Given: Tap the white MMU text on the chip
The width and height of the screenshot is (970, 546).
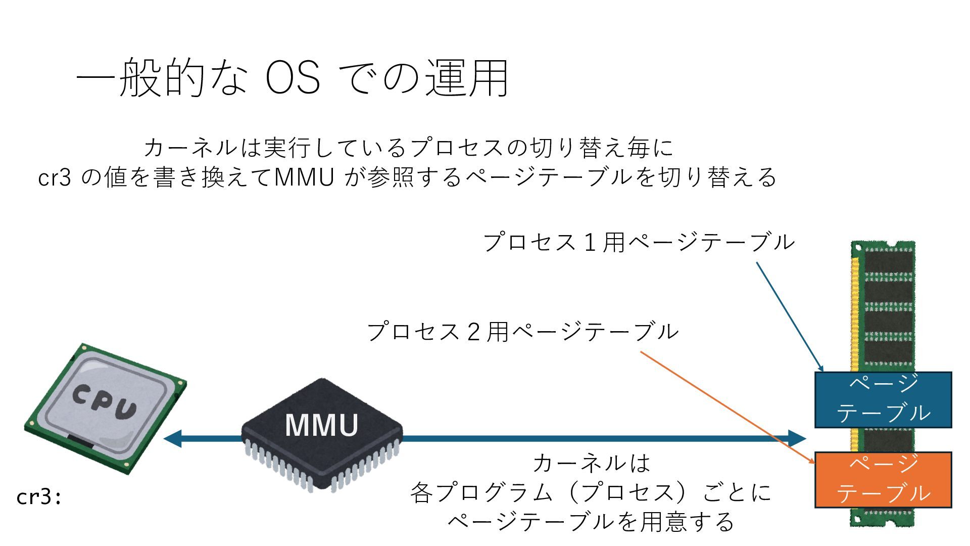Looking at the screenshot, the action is coord(322,425).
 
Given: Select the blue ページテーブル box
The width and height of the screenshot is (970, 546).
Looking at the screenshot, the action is coord(883,399).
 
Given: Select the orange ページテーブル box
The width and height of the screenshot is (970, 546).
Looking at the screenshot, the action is coord(883,480).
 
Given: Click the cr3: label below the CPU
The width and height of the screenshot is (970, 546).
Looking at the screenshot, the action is coord(39,497).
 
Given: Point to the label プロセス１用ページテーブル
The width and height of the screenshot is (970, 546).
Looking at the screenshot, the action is coord(639,242).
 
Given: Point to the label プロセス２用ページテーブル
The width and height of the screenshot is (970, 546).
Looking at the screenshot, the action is coord(523,332).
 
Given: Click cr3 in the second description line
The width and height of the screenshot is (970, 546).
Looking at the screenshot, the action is coord(55,177).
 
